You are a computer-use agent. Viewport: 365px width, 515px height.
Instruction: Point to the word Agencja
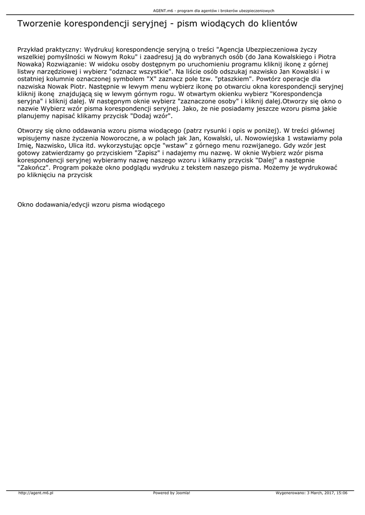click(x=235, y=50)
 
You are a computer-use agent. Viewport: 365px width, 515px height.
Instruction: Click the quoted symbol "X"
click(x=151, y=79)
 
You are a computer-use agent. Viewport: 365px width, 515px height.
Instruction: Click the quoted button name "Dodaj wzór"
click(x=152, y=116)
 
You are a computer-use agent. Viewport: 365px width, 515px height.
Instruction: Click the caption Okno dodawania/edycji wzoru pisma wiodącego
click(x=91, y=205)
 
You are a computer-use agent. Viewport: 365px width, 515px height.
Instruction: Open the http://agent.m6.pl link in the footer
click(x=36, y=493)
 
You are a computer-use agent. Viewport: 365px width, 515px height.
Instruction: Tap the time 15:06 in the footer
click(x=341, y=493)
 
